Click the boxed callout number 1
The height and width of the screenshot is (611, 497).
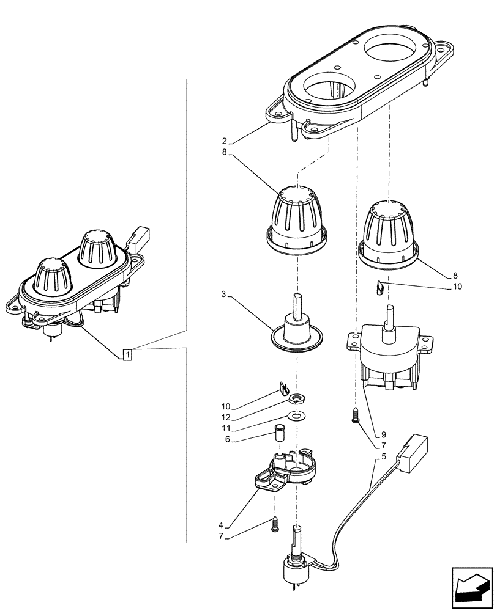pyautogui.click(x=127, y=354)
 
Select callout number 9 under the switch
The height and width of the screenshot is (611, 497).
pyautogui.click(x=383, y=435)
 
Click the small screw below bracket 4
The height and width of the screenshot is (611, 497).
pyautogui.click(x=275, y=524)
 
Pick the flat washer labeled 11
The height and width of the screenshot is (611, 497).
pyautogui.click(x=297, y=416)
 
